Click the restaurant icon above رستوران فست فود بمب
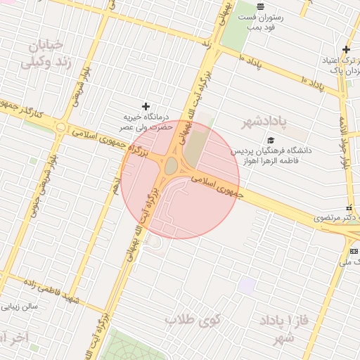point(260,6)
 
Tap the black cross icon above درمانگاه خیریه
point(146,105)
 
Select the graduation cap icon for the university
point(270,139)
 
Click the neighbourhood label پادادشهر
point(264,122)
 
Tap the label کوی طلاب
point(193,320)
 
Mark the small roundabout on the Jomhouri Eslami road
point(62,128)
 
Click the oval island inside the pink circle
point(172,166)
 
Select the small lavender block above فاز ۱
point(246,285)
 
